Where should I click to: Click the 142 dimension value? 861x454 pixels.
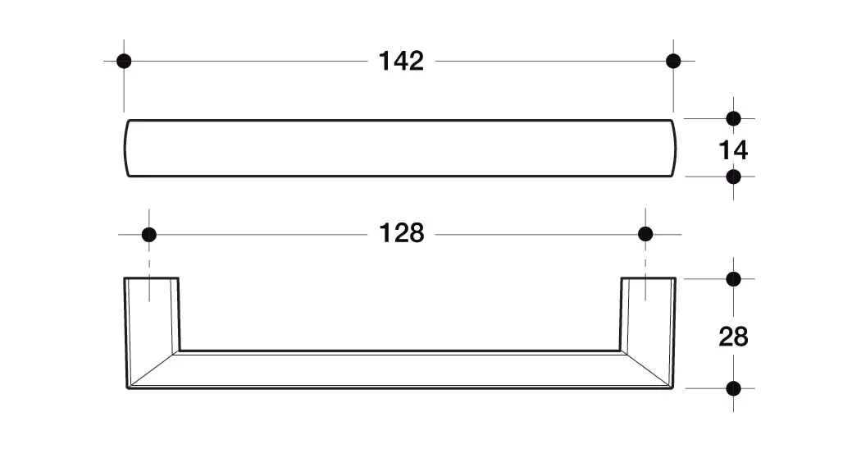tap(401, 61)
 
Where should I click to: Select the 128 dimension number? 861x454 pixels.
tap(402, 233)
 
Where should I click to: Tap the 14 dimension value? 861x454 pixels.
tap(733, 150)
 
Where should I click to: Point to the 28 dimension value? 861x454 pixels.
tap(733, 337)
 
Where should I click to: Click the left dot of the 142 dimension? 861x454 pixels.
tap(124, 61)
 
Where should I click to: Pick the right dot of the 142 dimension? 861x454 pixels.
tap(673, 61)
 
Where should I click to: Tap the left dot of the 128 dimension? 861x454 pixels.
tap(148, 235)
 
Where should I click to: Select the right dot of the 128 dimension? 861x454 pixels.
tap(645, 235)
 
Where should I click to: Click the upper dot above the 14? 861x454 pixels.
tap(733, 118)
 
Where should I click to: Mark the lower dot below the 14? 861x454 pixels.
tap(733, 177)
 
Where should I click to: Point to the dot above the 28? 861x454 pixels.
tap(733, 279)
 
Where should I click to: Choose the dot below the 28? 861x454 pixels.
tap(733, 388)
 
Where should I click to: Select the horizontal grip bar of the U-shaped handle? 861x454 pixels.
tap(400, 369)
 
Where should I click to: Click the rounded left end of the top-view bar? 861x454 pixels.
tap(126, 148)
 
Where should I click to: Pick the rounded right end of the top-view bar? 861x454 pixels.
tap(674, 148)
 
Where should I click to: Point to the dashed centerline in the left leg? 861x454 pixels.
tap(149, 275)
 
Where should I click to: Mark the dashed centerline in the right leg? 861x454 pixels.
tap(645, 275)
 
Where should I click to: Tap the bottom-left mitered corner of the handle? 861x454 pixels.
tap(127, 388)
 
